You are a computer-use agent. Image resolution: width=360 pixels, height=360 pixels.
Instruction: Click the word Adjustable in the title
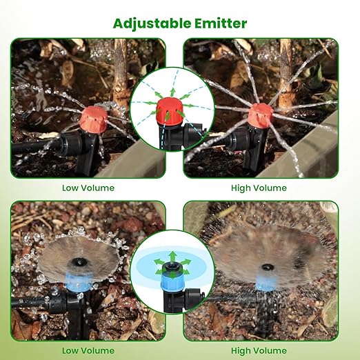(152, 23)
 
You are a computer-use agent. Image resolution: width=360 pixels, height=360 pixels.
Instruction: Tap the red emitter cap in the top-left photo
(94, 120)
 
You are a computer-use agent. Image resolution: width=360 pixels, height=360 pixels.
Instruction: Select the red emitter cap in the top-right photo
(260, 116)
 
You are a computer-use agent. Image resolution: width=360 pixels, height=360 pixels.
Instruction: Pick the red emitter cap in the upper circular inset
(170, 110)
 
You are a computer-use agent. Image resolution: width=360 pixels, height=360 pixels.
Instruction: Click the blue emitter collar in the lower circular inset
(172, 277)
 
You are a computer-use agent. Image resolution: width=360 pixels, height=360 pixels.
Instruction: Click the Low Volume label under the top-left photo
(88, 188)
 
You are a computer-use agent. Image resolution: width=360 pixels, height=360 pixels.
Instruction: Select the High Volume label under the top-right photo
(259, 188)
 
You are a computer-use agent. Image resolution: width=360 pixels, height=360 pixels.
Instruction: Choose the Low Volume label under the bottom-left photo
(88, 351)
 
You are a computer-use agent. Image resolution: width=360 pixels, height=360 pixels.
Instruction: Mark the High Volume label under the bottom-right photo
(259, 351)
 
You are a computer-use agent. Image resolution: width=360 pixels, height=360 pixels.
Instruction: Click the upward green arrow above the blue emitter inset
(172, 257)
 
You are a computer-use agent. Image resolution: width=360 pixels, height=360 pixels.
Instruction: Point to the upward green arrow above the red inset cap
(172, 92)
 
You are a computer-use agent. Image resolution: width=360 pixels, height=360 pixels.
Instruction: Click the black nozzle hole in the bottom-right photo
(268, 267)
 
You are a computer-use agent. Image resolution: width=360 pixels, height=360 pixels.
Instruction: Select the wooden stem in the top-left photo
(121, 76)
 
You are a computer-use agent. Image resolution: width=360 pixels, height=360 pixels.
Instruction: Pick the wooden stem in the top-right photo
(285, 74)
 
